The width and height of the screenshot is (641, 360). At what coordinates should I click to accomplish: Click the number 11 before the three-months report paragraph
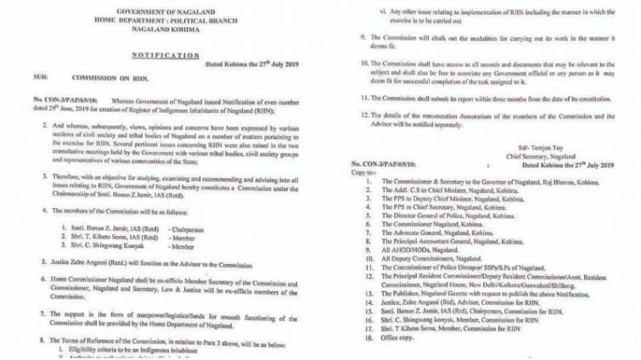pos(363,98)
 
